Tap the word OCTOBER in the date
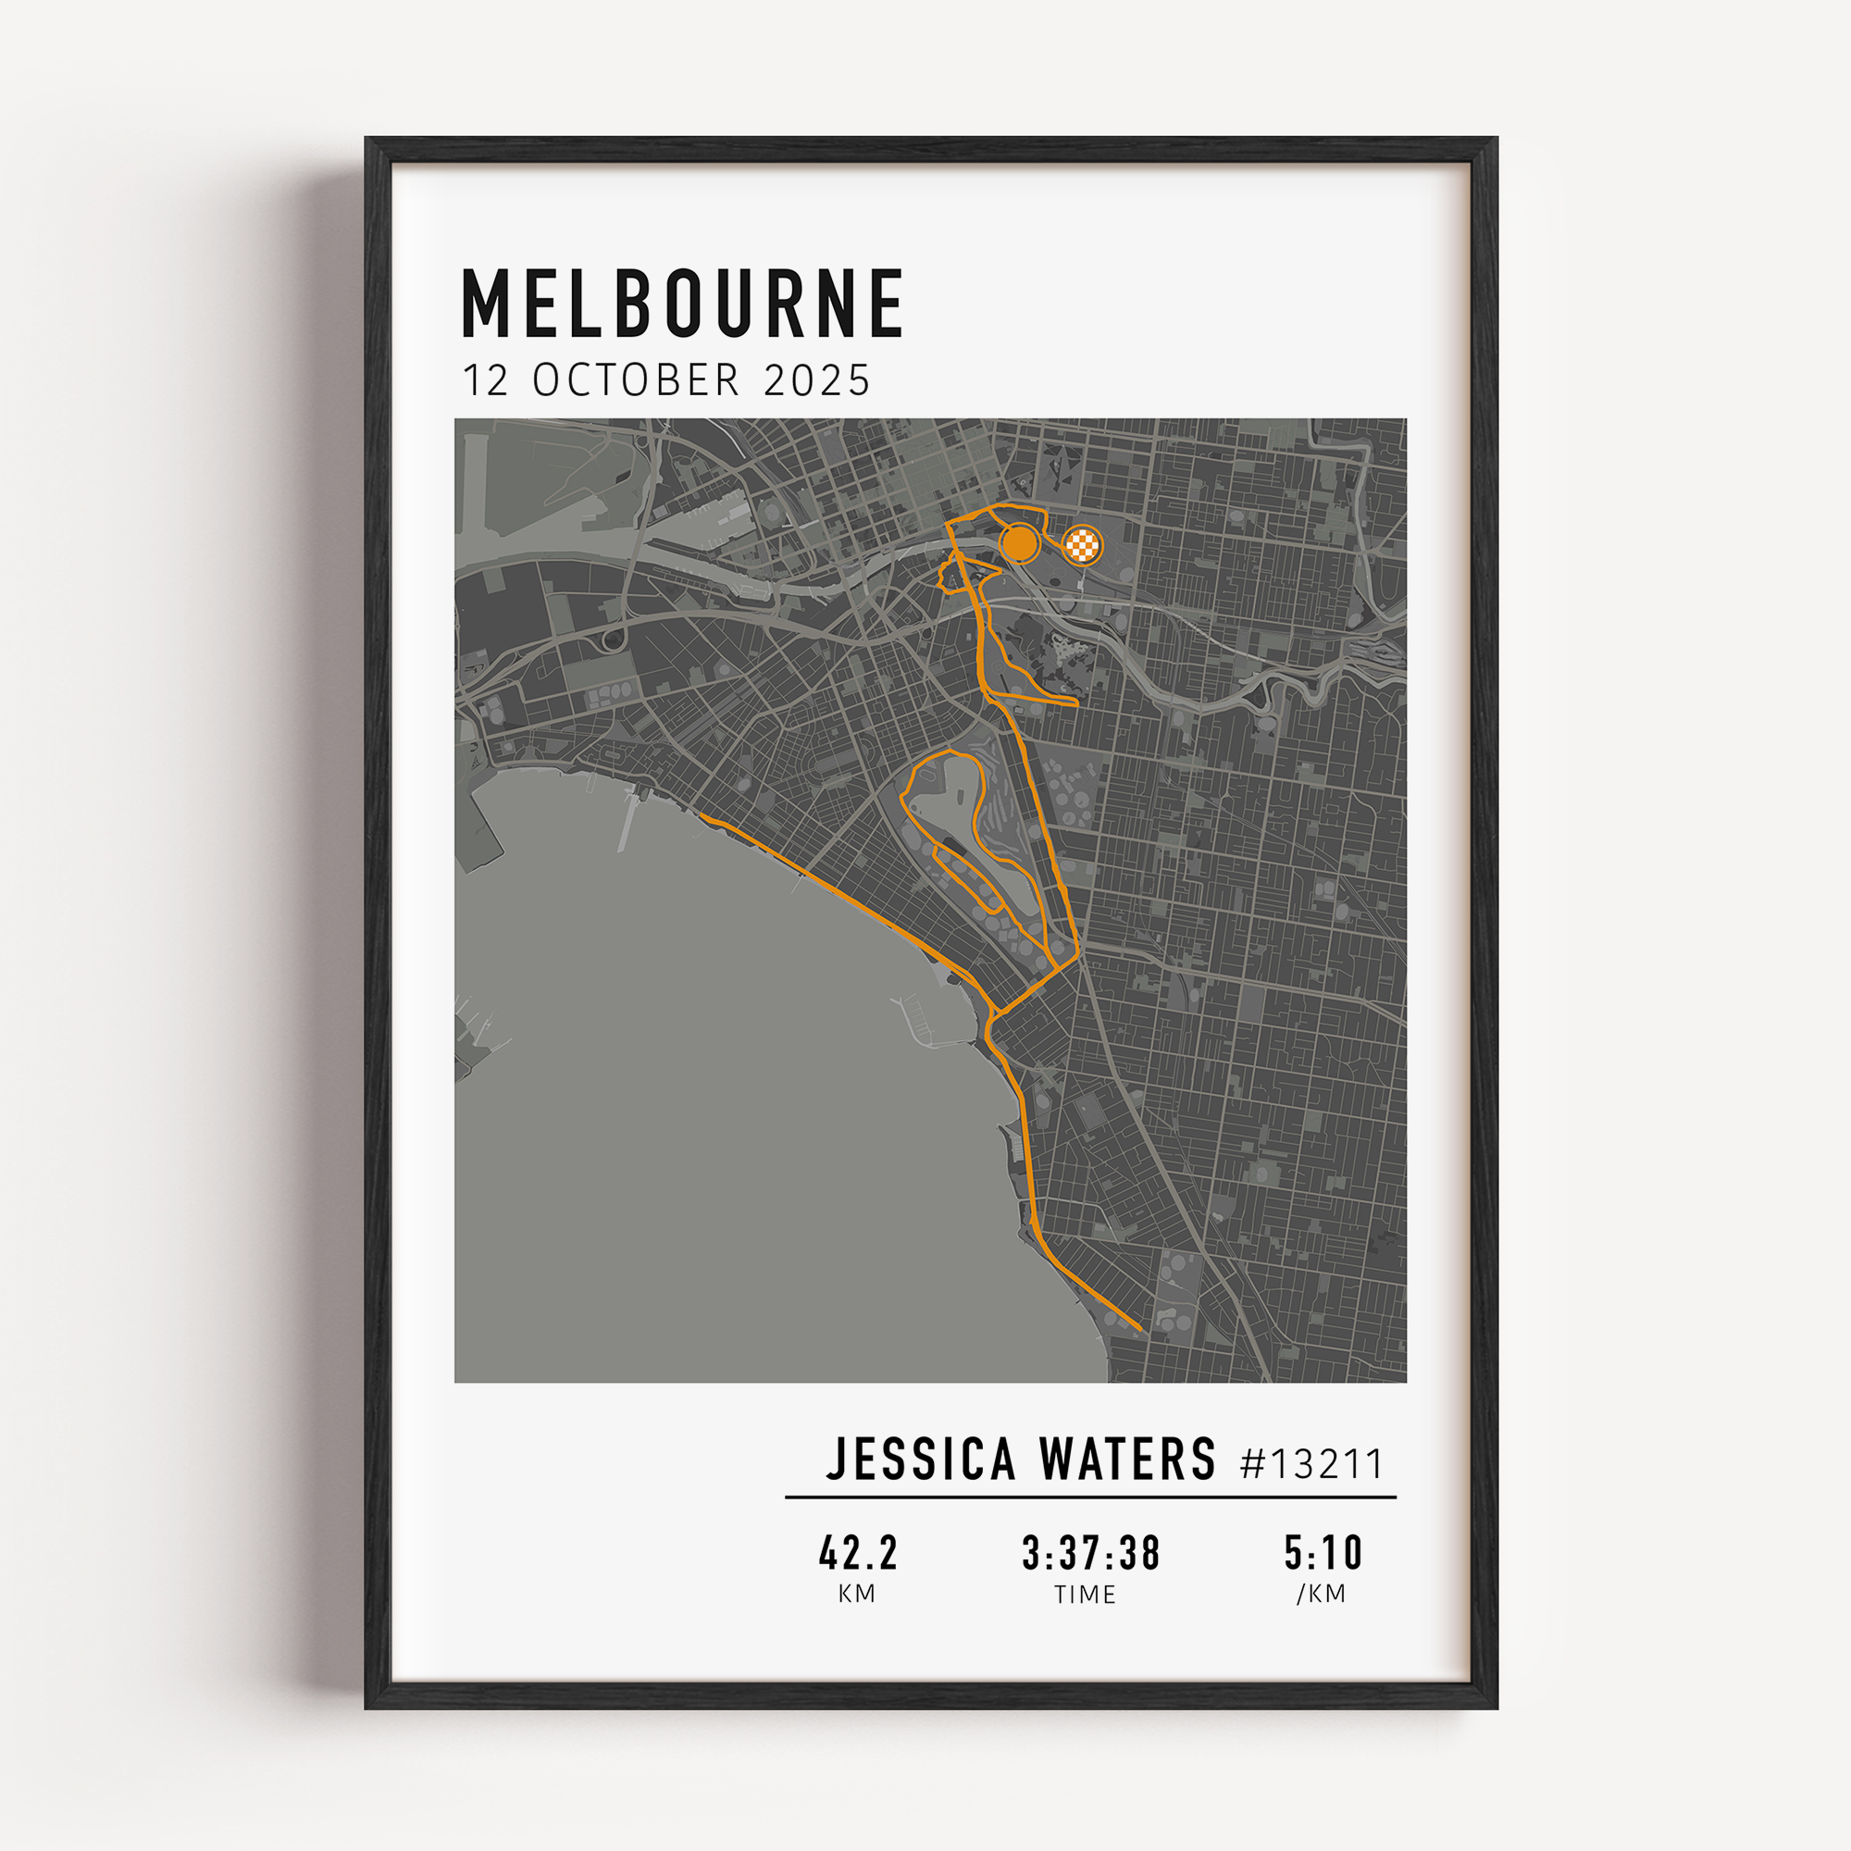tap(636, 380)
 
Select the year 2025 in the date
tap(817, 380)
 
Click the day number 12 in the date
tap(485, 380)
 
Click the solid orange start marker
tap(1019, 543)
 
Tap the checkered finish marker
tap(1083, 546)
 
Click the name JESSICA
tap(921, 1460)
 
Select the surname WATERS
tap(1127, 1460)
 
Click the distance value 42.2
tap(859, 1553)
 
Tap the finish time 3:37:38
tap(1091, 1553)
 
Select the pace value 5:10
tap(1323, 1553)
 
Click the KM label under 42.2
tap(856, 1595)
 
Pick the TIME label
tap(1086, 1596)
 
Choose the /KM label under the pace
tap(1322, 1595)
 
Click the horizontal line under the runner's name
tap(1090, 1497)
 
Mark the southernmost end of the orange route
tap(1140, 1330)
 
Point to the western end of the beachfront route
tap(702, 816)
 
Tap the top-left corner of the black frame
tap(369, 141)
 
